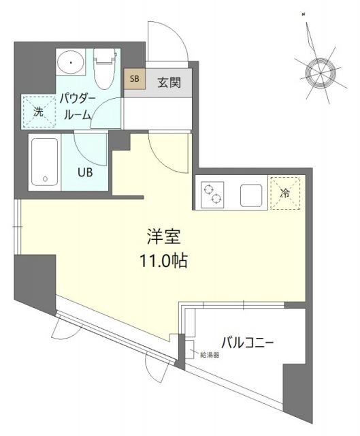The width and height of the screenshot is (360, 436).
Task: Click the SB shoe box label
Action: [133, 78]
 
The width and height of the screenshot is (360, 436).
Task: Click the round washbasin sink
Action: [69, 64]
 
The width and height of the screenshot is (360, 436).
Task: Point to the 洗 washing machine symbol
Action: [39, 112]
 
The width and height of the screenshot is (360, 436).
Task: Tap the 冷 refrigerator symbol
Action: [286, 192]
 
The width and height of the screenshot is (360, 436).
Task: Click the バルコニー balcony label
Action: [246, 341]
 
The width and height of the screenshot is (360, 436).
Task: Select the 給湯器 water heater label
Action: [208, 355]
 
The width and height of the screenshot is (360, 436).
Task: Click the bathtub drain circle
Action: [46, 180]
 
